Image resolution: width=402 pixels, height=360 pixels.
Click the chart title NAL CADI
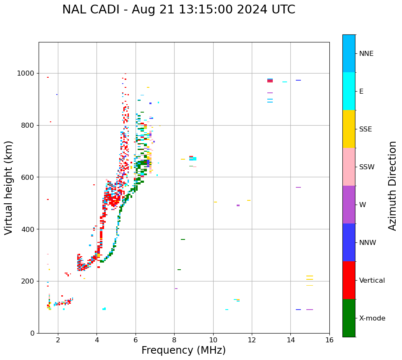(x=178, y=10)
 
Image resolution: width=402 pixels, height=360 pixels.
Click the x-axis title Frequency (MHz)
(x=183, y=350)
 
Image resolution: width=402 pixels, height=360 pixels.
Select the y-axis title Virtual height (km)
(x=9, y=187)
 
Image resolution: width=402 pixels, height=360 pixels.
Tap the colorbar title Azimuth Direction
(x=392, y=186)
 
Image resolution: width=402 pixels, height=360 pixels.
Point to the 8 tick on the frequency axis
(x=174, y=339)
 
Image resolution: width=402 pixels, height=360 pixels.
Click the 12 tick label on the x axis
(x=252, y=339)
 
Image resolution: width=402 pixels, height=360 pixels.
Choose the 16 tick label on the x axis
(x=329, y=339)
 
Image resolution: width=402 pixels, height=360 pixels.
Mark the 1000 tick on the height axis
(x=26, y=73)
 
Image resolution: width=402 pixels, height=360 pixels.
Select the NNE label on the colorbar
(x=366, y=54)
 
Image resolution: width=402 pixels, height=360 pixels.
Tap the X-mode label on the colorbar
(x=372, y=318)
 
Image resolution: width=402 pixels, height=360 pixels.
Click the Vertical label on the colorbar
(x=372, y=281)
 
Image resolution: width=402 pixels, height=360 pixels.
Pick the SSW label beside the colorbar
(x=367, y=167)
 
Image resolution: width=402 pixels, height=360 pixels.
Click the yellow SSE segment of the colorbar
(x=349, y=129)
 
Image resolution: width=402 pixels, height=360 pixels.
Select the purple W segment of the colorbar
(x=349, y=205)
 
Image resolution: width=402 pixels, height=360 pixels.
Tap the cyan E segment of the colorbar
(x=349, y=91)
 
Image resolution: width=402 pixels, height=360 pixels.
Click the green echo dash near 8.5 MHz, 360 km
(x=183, y=239)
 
